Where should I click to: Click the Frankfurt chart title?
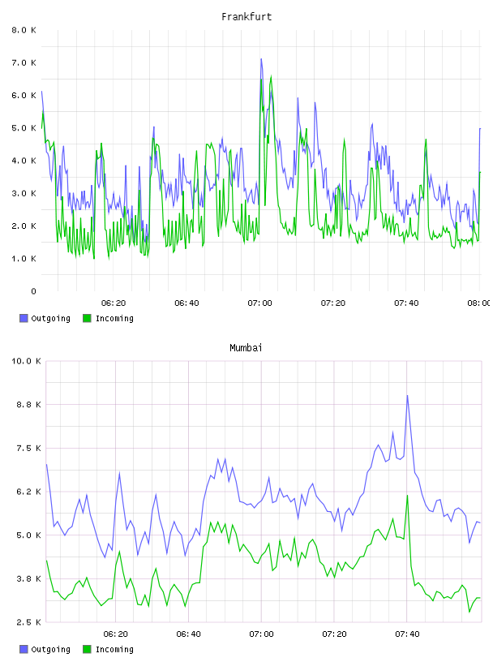click(246, 16)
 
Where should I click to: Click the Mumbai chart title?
click(246, 347)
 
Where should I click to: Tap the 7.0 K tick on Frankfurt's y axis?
click(24, 62)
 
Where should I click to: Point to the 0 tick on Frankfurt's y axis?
click(33, 291)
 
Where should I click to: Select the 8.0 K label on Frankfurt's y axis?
click(24, 30)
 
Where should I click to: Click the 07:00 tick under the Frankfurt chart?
click(260, 303)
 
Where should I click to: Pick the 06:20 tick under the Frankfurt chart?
click(114, 303)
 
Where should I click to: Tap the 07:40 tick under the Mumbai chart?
click(407, 634)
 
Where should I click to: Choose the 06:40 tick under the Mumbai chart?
click(188, 634)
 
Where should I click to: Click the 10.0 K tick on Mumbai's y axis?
click(26, 361)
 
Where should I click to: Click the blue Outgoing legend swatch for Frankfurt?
click(24, 318)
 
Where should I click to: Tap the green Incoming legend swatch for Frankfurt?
click(87, 318)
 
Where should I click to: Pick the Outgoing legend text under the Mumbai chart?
click(50, 649)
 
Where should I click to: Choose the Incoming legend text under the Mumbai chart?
click(114, 649)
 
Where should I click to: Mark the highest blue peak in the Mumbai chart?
click(407, 396)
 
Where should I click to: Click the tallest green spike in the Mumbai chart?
click(407, 495)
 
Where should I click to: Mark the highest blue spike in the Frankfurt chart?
click(261, 59)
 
